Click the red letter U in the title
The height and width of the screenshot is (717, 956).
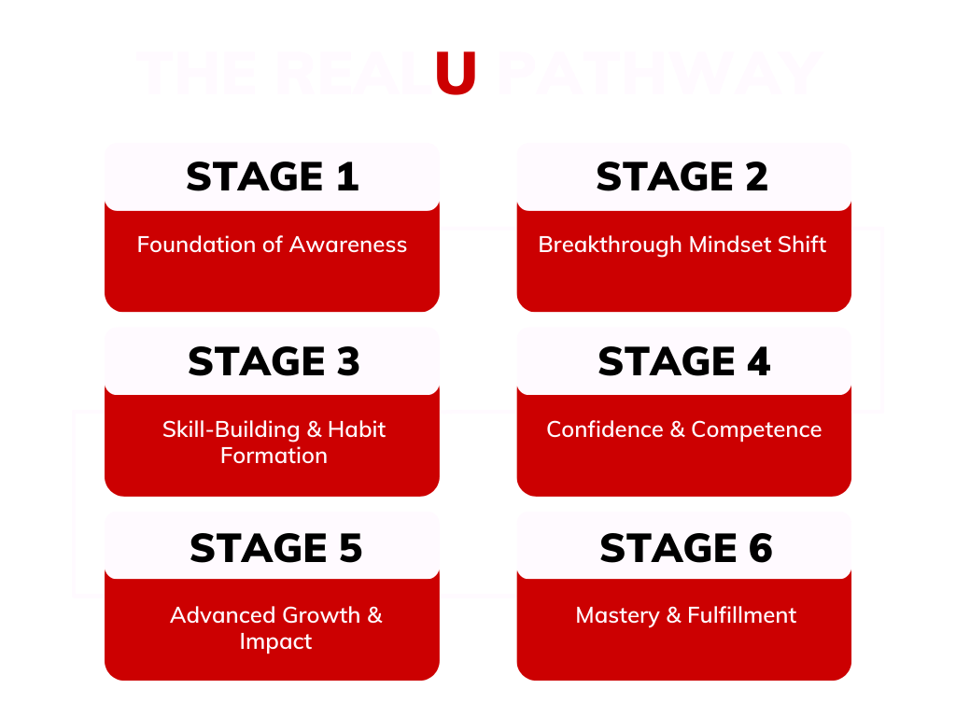pyautogui.click(x=457, y=73)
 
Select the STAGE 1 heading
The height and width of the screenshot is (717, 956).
pyautogui.click(x=272, y=176)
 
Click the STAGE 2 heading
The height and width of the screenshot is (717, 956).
pyautogui.click(x=682, y=176)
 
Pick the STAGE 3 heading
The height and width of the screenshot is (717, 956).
pyautogui.click(x=274, y=361)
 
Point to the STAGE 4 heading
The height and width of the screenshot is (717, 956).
pyautogui.click(x=684, y=361)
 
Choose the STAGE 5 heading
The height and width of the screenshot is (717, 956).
pyautogui.click(x=275, y=548)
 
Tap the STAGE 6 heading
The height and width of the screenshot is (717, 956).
pyautogui.click(x=686, y=548)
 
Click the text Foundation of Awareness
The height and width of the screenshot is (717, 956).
pyautogui.click(x=272, y=245)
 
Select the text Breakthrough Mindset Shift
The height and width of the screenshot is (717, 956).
pyautogui.click(x=682, y=245)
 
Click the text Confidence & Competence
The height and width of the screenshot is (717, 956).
pyautogui.click(x=684, y=429)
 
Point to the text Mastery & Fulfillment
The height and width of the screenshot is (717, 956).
pyautogui.click(x=686, y=615)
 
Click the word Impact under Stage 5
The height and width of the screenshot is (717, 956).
pyautogui.click(x=275, y=642)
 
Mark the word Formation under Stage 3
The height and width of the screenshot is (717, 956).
pyautogui.click(x=274, y=456)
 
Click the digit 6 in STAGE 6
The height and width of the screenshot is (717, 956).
pyautogui.click(x=760, y=548)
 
